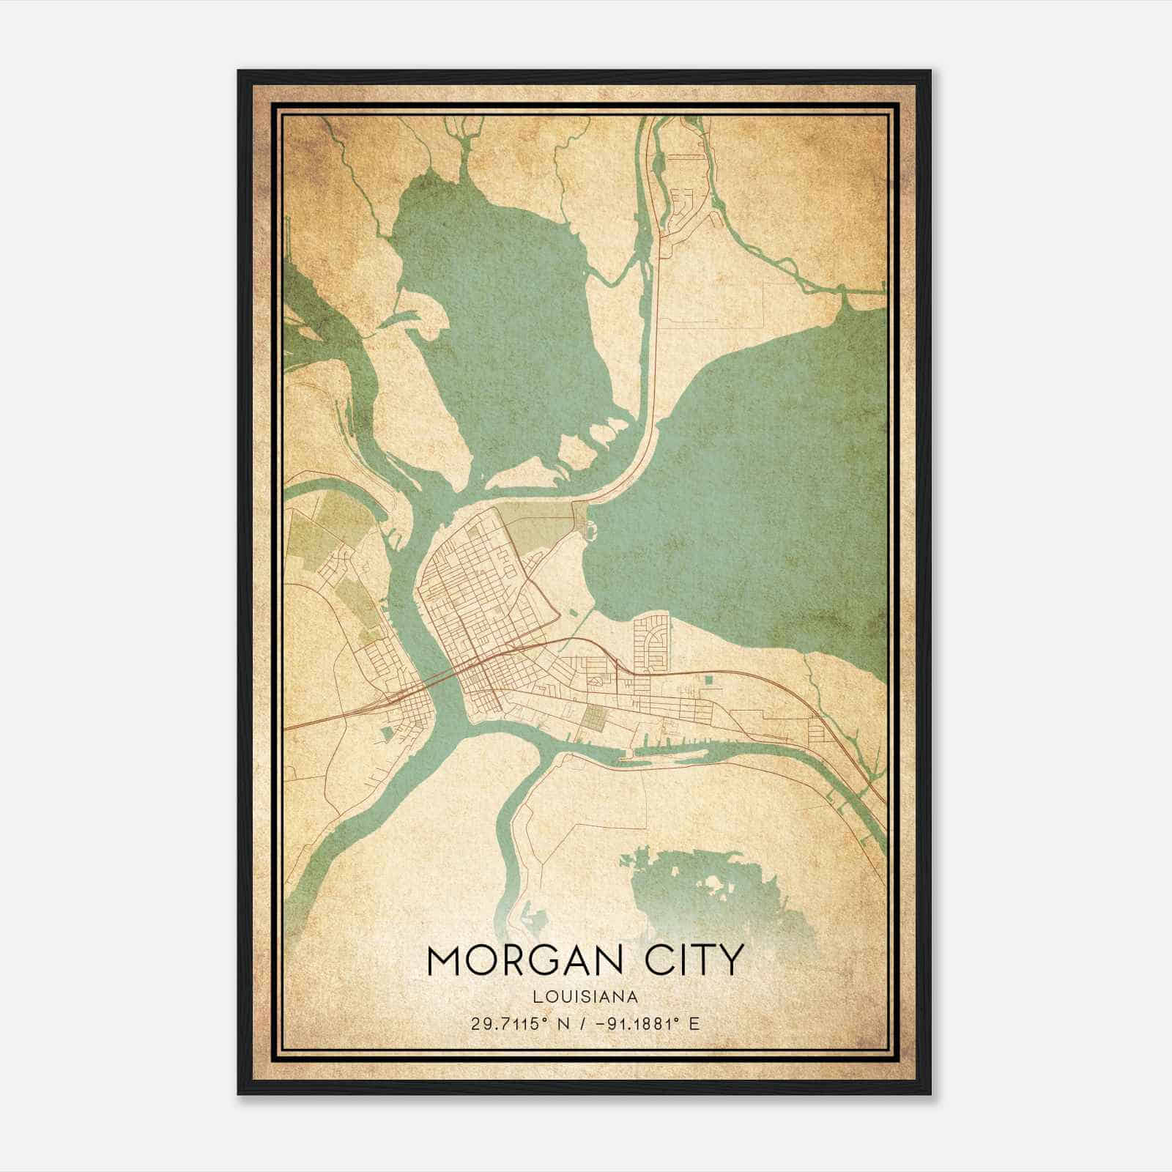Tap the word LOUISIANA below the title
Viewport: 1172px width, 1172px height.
pyautogui.click(x=585, y=997)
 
